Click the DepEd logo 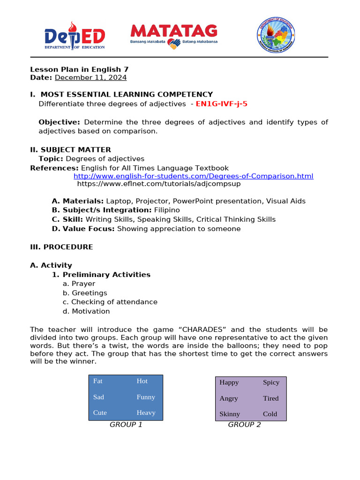click(x=75, y=36)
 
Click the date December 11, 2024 click(x=90, y=77)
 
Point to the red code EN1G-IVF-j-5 click(x=221, y=104)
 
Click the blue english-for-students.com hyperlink click(x=193, y=176)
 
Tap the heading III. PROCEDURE click(x=61, y=247)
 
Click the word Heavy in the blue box click(x=146, y=412)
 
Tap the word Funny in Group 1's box click(x=146, y=397)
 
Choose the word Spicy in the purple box click(x=271, y=382)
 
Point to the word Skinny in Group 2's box click(x=229, y=414)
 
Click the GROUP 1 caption click(x=126, y=425)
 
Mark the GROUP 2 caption click(x=244, y=425)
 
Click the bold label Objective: click(x=59, y=122)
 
